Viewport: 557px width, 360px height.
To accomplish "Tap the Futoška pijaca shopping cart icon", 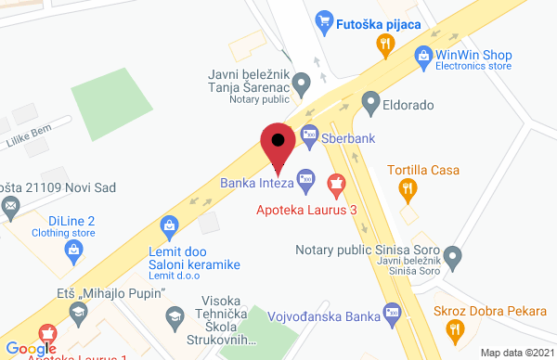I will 324,18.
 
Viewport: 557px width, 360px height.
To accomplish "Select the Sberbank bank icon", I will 310,134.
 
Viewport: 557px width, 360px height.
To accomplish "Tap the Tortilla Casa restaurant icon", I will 406,192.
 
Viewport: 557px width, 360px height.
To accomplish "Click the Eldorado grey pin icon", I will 370,101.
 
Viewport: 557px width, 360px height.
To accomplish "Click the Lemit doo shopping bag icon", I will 170,225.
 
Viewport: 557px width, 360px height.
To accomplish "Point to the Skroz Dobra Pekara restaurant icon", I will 454,328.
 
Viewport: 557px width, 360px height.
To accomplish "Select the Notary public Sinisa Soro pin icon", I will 453,254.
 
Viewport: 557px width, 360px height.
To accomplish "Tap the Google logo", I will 30,348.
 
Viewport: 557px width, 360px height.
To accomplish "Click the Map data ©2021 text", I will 515,353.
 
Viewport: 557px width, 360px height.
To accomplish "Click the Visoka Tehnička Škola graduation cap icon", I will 172,318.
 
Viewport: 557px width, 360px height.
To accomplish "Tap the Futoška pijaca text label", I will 380,18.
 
